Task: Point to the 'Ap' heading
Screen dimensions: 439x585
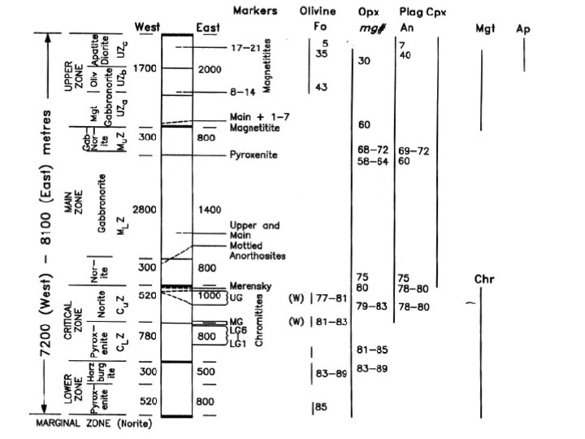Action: (523, 28)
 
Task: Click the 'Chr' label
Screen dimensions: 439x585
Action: (484, 280)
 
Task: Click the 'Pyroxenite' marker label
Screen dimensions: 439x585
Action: (255, 154)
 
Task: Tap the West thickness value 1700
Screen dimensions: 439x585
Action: (147, 69)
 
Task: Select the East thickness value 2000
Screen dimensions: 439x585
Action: (209, 69)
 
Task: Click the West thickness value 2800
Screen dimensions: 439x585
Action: (147, 210)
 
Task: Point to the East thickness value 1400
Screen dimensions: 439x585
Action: (209, 210)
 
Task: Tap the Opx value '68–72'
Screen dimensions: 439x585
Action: (370, 150)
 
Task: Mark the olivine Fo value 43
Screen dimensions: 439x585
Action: (321, 88)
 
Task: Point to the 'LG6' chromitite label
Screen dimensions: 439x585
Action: (237, 330)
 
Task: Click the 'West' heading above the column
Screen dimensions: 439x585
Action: (147, 28)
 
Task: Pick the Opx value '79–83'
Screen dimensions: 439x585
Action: (370, 306)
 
